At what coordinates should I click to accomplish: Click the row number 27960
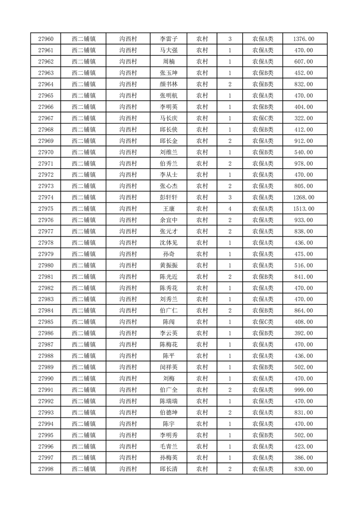[x=46, y=39]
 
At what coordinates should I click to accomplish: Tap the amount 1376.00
[x=304, y=39]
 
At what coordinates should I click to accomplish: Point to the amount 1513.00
[x=304, y=209]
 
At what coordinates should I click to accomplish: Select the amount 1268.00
[x=304, y=197]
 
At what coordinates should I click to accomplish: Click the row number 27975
[x=46, y=209]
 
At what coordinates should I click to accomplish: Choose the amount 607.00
[x=304, y=62]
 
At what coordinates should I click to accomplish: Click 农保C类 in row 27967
[x=263, y=118]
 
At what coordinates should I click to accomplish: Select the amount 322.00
[x=304, y=118]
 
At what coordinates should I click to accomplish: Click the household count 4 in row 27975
[x=230, y=209]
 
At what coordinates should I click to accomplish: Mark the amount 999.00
[x=304, y=390]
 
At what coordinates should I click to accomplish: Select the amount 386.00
[x=304, y=458]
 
